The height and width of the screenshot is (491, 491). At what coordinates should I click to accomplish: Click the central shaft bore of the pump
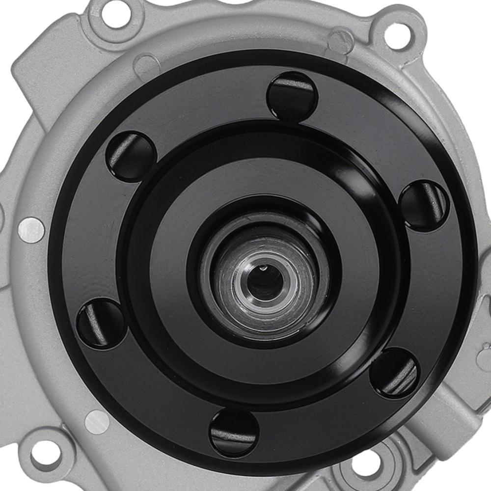(265, 280)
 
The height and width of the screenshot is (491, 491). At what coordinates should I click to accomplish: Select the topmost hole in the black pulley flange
(292, 96)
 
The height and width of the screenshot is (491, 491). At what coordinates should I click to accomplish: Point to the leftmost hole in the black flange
(101, 323)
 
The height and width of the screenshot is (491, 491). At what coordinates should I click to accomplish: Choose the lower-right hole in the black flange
(395, 373)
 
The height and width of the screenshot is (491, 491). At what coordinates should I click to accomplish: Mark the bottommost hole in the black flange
(234, 433)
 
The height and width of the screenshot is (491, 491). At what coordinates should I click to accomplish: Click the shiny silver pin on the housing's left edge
(31, 230)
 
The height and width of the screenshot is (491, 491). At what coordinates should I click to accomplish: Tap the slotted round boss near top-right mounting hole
(341, 42)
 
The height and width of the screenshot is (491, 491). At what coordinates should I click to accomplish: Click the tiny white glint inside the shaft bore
(264, 268)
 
